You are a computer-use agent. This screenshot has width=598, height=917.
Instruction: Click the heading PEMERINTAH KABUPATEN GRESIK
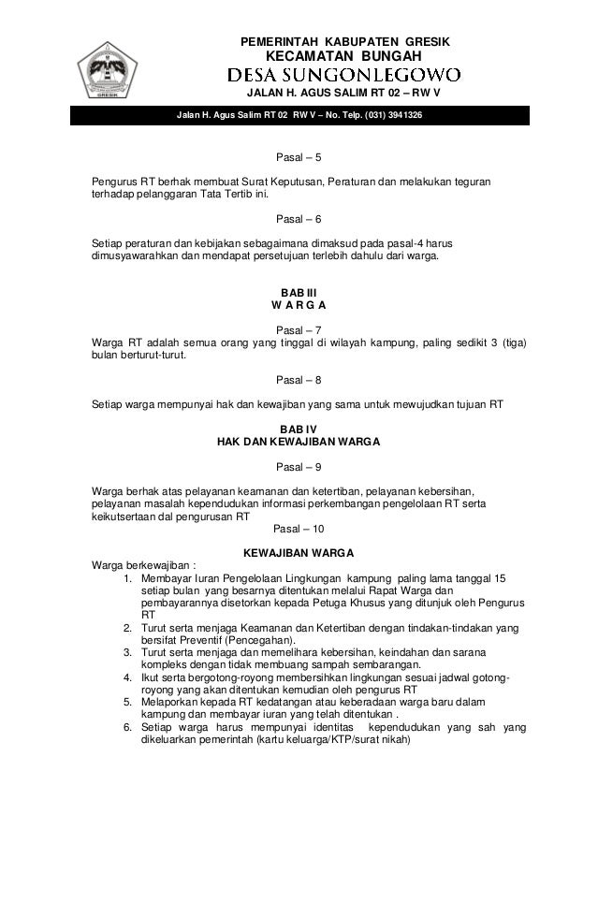[345, 43]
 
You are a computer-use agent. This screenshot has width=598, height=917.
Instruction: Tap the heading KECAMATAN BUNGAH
[344, 59]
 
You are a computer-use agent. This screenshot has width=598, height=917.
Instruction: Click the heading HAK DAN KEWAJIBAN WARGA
[299, 442]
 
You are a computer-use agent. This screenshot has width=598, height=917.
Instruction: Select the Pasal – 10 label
[299, 529]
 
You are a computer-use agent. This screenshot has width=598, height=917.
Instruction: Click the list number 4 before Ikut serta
[127, 676]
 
